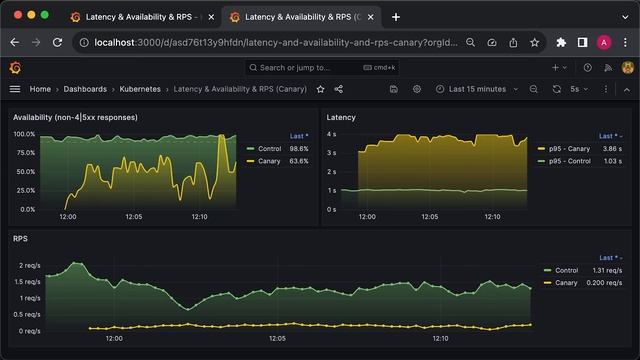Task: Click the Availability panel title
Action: click(x=75, y=117)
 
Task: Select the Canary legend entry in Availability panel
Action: click(x=269, y=160)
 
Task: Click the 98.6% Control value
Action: click(x=298, y=148)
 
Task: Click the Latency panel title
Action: click(x=341, y=117)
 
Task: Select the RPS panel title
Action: click(x=20, y=239)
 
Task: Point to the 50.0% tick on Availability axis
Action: click(x=24, y=172)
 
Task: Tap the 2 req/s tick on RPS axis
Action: click(x=29, y=265)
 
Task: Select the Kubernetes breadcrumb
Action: click(x=140, y=89)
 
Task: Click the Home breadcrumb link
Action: click(x=40, y=89)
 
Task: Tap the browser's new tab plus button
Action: click(x=396, y=17)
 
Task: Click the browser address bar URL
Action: click(x=270, y=42)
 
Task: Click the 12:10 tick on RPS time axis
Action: click(x=440, y=338)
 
